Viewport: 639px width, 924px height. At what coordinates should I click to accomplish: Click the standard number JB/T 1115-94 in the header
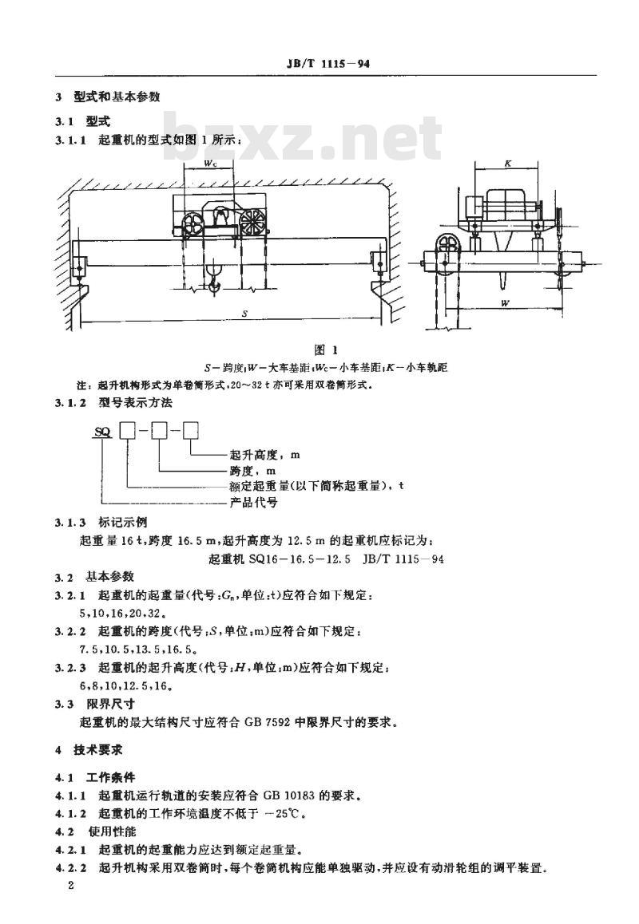(x=328, y=64)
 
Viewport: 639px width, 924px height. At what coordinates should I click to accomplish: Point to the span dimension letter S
(x=245, y=314)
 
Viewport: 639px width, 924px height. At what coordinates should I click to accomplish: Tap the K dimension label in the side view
(x=508, y=164)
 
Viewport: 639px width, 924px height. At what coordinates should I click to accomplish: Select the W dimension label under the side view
(x=505, y=303)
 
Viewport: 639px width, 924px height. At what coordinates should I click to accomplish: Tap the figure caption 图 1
(x=326, y=350)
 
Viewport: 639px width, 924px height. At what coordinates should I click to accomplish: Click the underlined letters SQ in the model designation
(x=103, y=432)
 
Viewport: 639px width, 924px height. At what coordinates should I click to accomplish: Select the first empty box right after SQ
(x=128, y=431)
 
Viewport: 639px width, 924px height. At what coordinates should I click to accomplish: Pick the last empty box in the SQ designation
(x=190, y=431)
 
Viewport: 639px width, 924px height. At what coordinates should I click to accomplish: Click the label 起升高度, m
(x=265, y=455)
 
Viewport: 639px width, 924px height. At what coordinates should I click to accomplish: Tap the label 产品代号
(x=253, y=503)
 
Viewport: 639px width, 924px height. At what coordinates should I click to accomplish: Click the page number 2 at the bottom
(x=71, y=886)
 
